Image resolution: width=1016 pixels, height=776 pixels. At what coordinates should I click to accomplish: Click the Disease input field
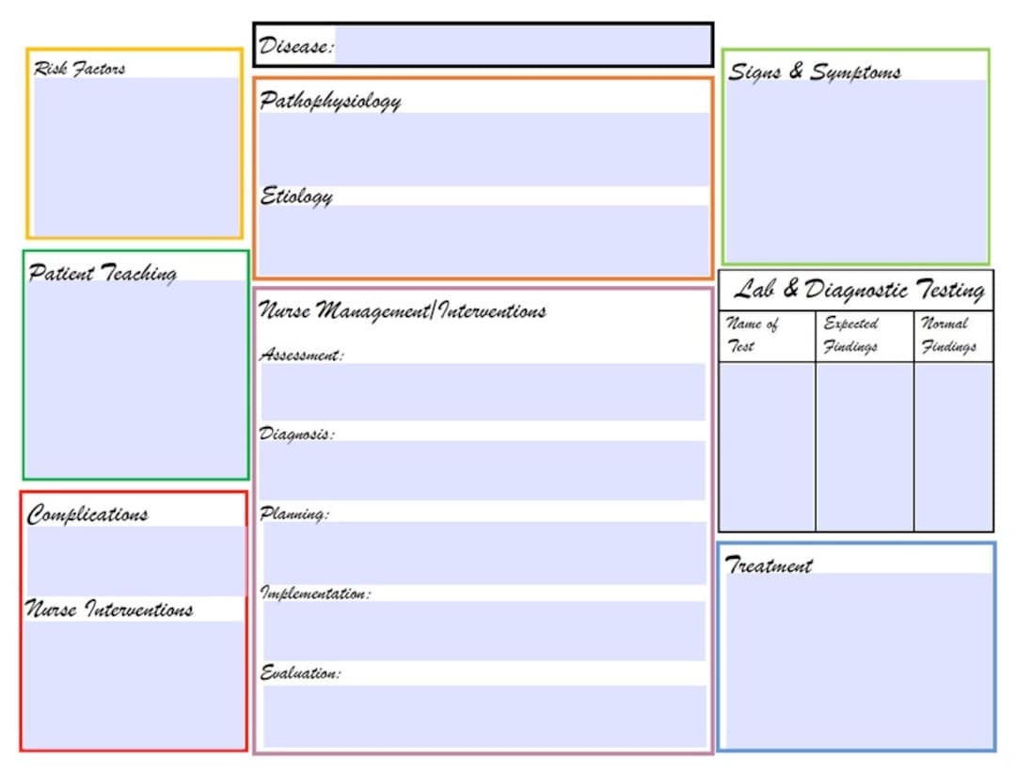(x=522, y=45)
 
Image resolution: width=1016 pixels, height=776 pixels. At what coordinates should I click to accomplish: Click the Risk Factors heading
(x=79, y=69)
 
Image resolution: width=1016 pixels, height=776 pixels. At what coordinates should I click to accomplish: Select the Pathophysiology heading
(x=330, y=101)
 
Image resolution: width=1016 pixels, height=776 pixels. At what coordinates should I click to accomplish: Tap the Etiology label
(x=296, y=197)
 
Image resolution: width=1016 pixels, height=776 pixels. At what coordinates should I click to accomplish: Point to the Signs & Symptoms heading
(x=815, y=72)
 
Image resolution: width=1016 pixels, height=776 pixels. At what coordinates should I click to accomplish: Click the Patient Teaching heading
(x=103, y=274)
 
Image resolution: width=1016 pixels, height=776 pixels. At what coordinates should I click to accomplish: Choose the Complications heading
(x=87, y=515)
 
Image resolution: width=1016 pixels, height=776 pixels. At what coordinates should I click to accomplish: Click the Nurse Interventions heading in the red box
(x=109, y=610)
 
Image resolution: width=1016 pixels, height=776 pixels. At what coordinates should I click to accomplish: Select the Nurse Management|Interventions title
(x=403, y=310)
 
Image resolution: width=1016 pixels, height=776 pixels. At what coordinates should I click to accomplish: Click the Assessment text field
(x=484, y=392)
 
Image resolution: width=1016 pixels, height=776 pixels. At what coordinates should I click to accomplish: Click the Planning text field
(x=484, y=553)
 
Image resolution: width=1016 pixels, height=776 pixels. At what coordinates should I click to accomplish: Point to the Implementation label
(x=315, y=594)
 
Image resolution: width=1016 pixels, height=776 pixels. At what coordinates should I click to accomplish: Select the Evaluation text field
(x=484, y=716)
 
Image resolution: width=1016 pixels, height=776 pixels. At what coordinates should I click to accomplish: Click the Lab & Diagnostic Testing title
(x=859, y=290)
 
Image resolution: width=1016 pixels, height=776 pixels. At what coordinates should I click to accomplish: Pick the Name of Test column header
(x=753, y=335)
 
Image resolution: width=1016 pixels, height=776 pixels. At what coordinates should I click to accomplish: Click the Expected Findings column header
(x=851, y=335)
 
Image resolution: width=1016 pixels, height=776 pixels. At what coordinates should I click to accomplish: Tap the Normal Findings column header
(x=948, y=335)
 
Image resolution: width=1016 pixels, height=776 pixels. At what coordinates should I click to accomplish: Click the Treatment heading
(x=769, y=566)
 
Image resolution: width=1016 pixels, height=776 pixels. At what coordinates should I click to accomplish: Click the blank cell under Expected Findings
(x=864, y=447)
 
